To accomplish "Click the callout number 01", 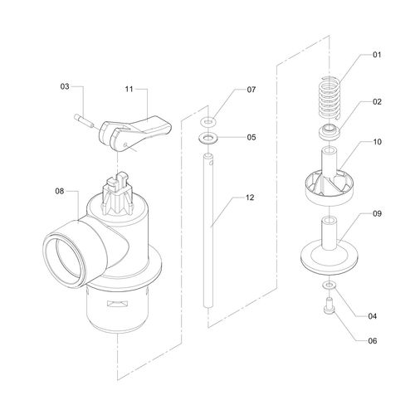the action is pos(377,55).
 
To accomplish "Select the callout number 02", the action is pos(377,102).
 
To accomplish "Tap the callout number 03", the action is pos(65,86).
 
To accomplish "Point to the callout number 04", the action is pos(373,316).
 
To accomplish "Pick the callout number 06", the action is pos(373,340).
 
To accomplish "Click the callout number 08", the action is pos(60,191).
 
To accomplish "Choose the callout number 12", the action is pos(250,198).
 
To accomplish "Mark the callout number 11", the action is pos(129,89).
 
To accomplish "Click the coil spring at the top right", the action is pos(329,98).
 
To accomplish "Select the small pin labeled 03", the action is pos(83,120).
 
